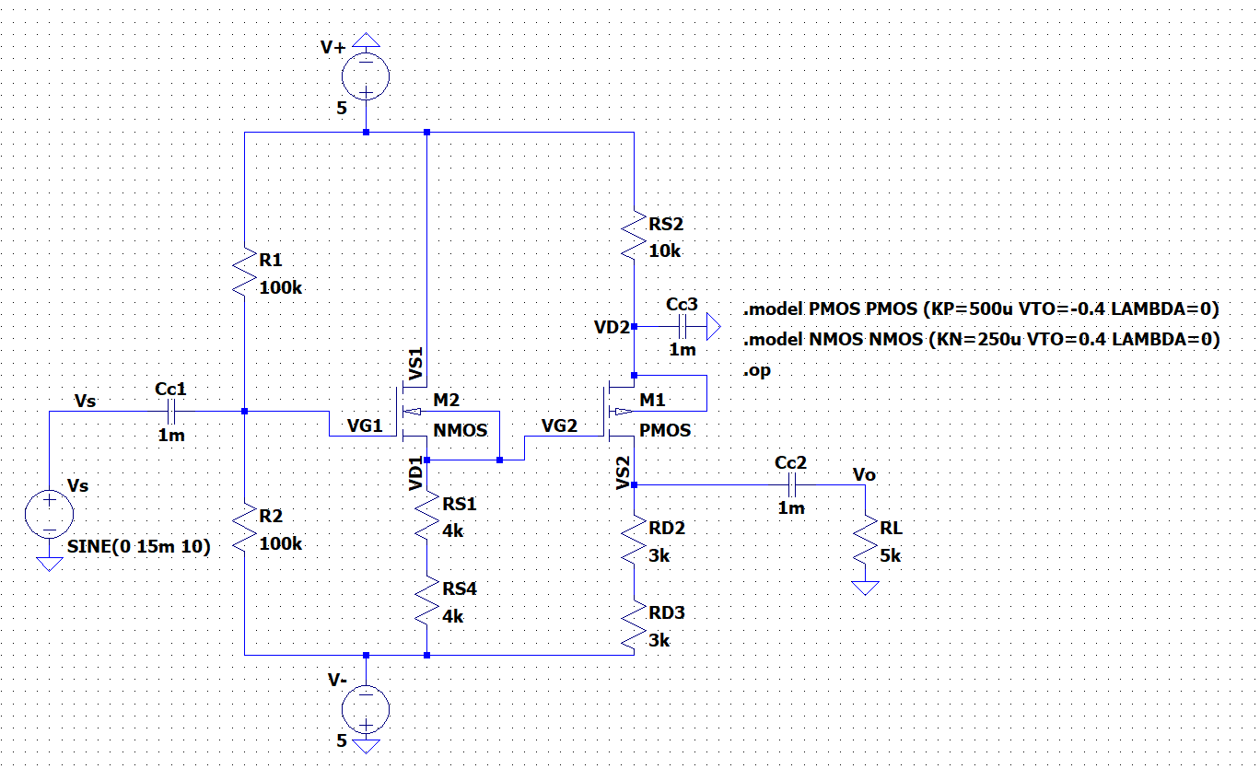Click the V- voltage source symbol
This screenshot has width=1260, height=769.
click(366, 707)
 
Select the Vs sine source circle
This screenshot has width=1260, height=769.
click(48, 514)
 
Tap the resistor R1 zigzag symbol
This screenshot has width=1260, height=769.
click(245, 273)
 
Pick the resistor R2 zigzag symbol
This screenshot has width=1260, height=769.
click(245, 529)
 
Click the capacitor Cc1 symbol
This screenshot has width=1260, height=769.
click(171, 412)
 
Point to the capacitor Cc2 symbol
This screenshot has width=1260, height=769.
click(790, 484)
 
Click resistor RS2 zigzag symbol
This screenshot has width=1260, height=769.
click(635, 236)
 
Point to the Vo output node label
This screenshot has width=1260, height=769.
click(864, 474)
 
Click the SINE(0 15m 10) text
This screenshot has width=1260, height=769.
click(139, 546)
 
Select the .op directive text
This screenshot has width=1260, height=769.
click(757, 371)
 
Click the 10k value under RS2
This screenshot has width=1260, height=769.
click(664, 251)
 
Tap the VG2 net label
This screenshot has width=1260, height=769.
click(561, 425)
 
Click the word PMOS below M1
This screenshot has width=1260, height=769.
click(663, 430)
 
